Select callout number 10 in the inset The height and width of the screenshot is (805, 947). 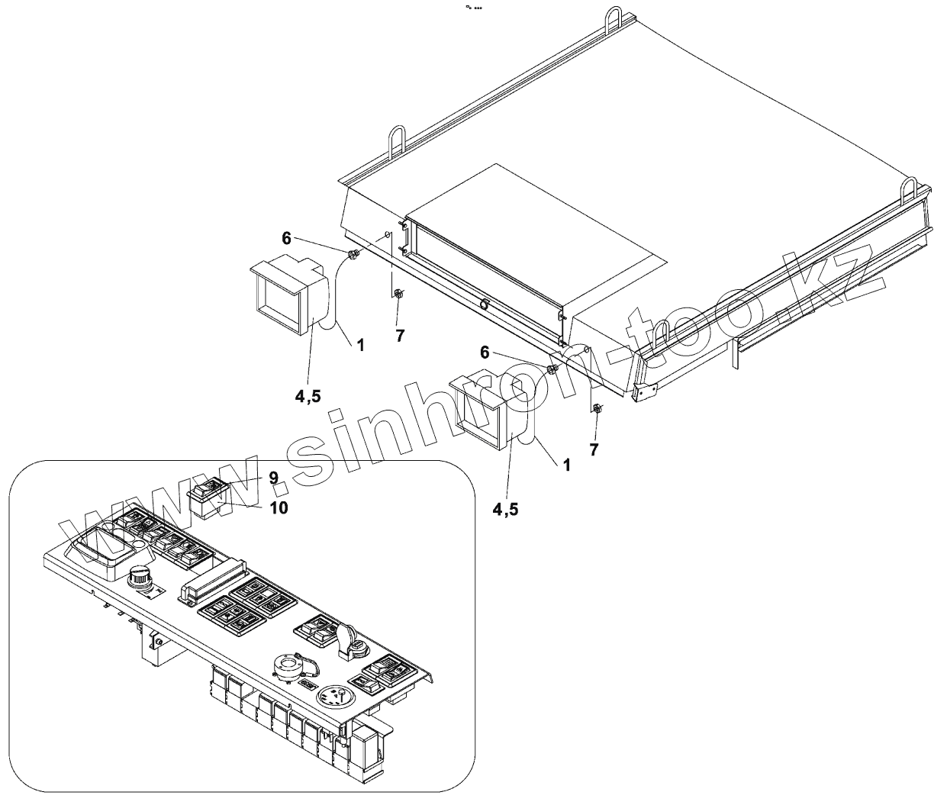coord(279,507)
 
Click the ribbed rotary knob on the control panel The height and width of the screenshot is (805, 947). coord(141,578)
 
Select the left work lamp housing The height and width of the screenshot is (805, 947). coord(285,295)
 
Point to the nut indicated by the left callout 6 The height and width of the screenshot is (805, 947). coord(353,256)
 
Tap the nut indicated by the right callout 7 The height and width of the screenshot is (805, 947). coord(598,409)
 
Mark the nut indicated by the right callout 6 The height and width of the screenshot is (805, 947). coord(552,370)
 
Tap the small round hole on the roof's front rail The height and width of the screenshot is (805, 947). coord(483,304)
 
